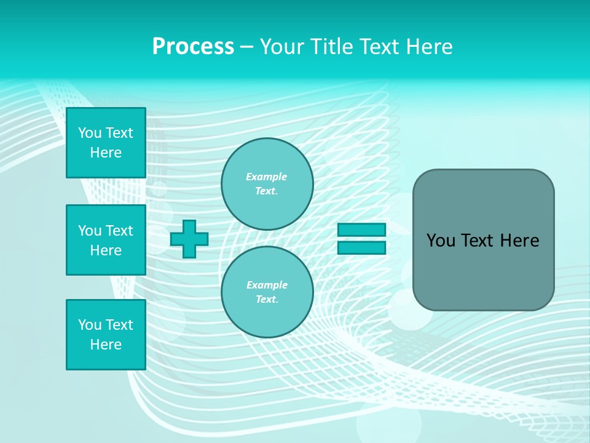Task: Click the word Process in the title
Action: [193, 47]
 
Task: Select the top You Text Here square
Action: [106, 143]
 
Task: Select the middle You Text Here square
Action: [106, 240]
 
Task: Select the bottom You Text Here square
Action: [106, 335]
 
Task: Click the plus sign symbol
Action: [189, 239]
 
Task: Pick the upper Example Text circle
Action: [267, 184]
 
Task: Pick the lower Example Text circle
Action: [267, 292]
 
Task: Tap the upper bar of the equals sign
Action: [361, 229]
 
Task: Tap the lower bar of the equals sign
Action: [361, 248]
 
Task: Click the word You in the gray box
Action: [441, 241]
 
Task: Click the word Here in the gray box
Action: [519, 241]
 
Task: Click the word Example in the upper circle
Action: [267, 177]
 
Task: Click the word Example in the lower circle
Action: [267, 285]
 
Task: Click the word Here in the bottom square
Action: [106, 345]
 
